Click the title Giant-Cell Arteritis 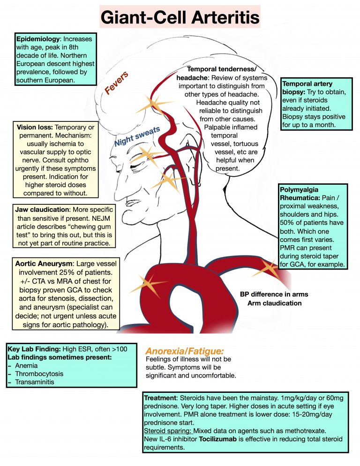click(x=180, y=18)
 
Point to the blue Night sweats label click(x=138, y=136)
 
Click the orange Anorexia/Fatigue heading click(x=185, y=351)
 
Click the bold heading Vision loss click(x=35, y=127)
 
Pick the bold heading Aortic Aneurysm click(x=44, y=264)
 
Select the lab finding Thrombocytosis click(x=39, y=374)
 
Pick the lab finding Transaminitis click(x=36, y=382)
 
